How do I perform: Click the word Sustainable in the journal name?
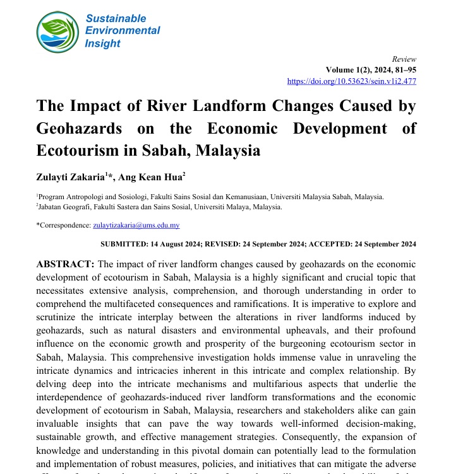click(116, 18)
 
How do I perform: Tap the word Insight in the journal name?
click(102, 43)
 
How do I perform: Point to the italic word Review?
click(404, 58)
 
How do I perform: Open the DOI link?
click(352, 81)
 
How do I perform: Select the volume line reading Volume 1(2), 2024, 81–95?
click(371, 69)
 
